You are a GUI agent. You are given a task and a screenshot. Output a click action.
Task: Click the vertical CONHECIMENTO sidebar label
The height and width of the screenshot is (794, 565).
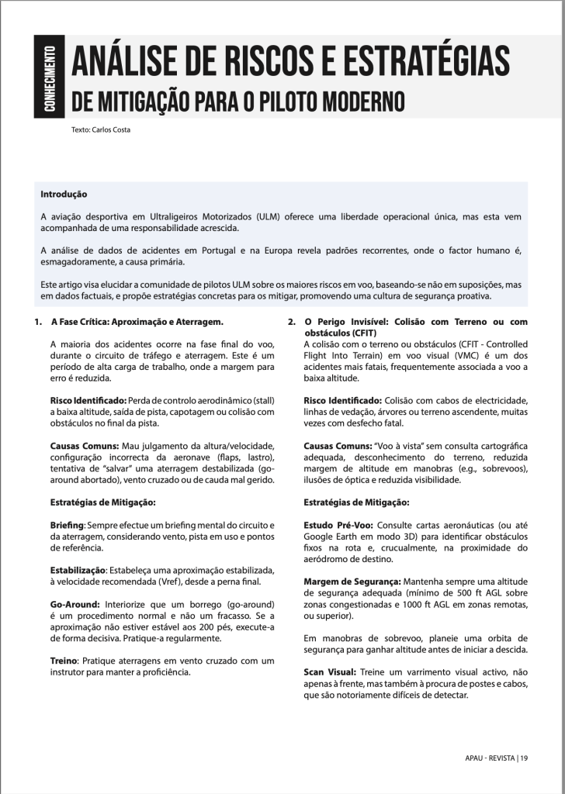coord(48,78)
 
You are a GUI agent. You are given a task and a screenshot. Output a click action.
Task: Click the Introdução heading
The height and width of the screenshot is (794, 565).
coord(64,194)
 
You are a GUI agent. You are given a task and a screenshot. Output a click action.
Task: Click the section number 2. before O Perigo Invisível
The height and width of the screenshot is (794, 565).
coord(292,321)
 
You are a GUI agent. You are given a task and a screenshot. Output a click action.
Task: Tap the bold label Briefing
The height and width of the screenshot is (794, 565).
coord(67,525)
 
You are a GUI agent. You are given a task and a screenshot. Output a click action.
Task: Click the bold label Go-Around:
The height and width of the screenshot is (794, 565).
coord(75,602)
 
